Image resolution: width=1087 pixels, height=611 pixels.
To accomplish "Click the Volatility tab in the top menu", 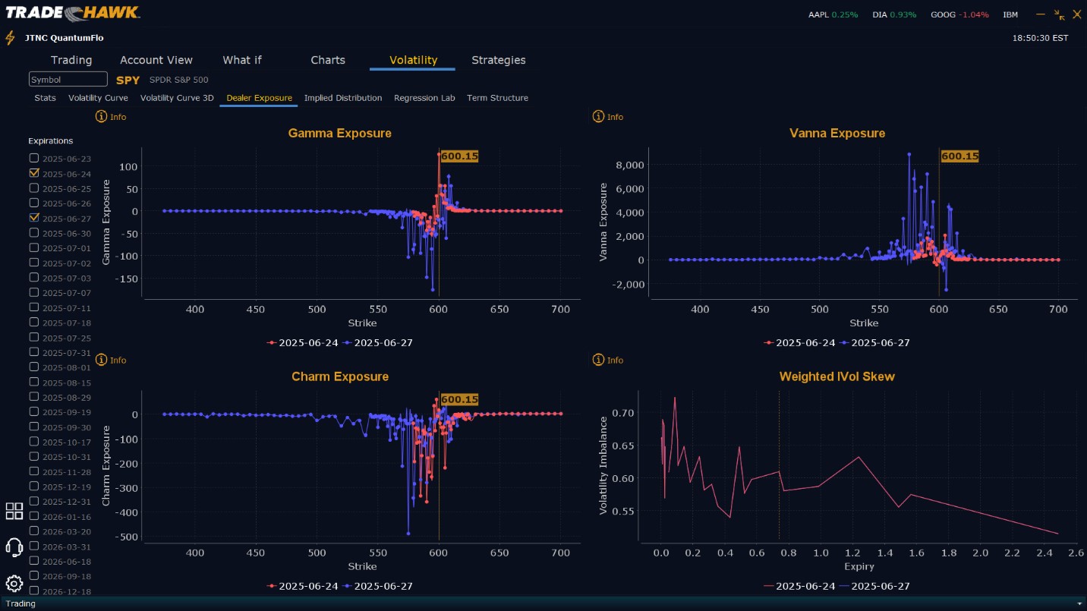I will (x=413, y=60).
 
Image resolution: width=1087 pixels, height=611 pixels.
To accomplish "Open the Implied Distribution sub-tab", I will (x=343, y=98).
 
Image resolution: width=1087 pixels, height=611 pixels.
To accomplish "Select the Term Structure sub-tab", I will (x=497, y=98).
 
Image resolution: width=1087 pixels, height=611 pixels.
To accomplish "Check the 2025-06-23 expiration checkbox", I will (x=34, y=158).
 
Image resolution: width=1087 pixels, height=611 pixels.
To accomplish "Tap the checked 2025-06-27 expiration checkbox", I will (x=34, y=218).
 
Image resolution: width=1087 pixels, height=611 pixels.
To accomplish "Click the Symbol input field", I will (x=68, y=80).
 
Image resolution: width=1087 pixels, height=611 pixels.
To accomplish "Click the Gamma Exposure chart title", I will (x=339, y=134).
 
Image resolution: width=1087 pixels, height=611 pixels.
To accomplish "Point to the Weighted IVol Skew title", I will (x=837, y=376).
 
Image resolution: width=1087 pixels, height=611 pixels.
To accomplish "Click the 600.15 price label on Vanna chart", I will (x=959, y=156).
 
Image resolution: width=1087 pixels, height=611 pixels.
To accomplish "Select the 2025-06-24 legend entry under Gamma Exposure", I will (x=303, y=342).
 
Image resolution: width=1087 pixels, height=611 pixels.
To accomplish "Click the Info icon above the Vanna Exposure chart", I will (x=598, y=117).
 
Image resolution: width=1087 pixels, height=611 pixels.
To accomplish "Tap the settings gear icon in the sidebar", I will (x=14, y=583).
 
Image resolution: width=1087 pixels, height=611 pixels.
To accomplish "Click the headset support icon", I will (x=14, y=546).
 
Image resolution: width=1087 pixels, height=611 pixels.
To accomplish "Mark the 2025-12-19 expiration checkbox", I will (x=34, y=487).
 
